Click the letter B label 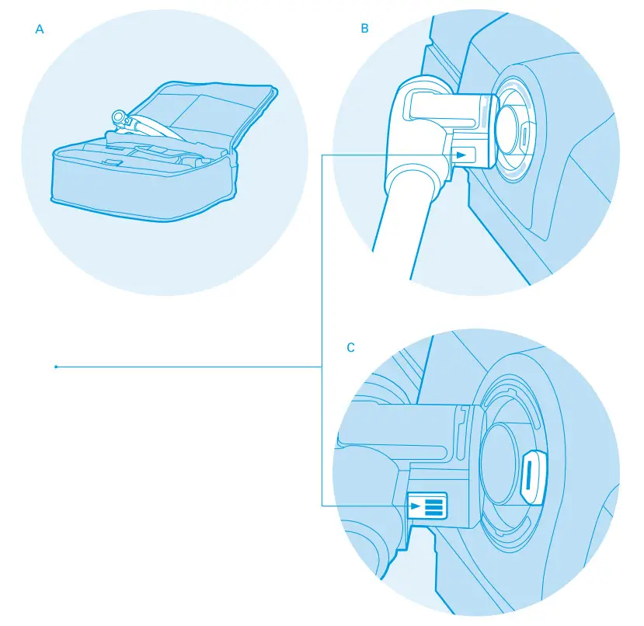[x=364, y=29]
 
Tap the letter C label [x=350, y=347]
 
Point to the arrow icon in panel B [x=463, y=155]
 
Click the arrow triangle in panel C [x=416, y=506]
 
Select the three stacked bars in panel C [x=433, y=506]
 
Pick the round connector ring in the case [x=119, y=117]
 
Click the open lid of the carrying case [x=210, y=109]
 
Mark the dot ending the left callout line [x=56, y=367]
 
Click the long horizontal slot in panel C [x=396, y=449]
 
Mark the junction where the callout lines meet [x=322, y=367]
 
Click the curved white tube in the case [x=148, y=124]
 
